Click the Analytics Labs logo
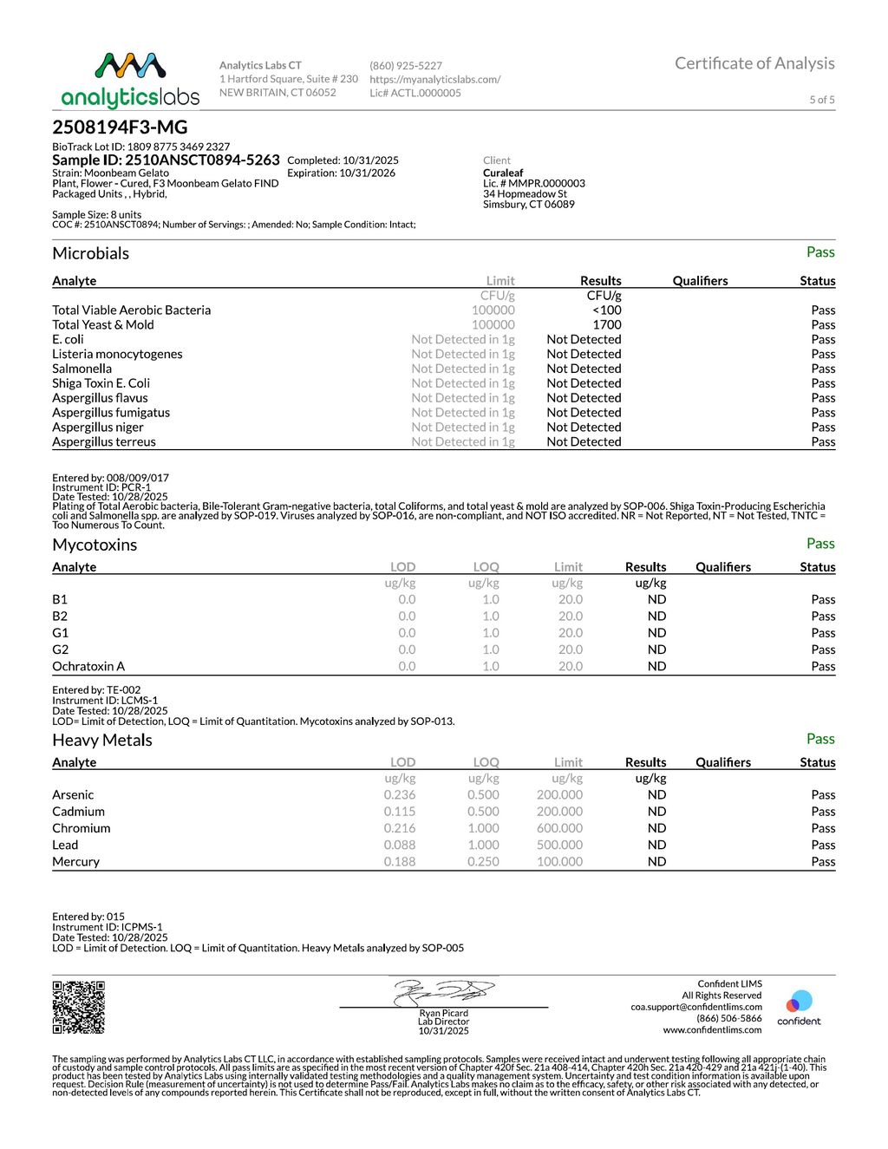click(x=130, y=81)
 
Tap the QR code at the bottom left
click(x=79, y=1007)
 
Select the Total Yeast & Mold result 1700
click(x=607, y=325)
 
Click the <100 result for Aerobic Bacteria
click(x=607, y=310)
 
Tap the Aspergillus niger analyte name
click(x=98, y=428)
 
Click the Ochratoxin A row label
click(x=88, y=667)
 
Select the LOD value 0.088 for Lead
click(x=400, y=845)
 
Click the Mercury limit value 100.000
click(x=559, y=862)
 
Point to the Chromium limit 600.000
click(x=559, y=829)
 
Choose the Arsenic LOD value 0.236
click(x=400, y=795)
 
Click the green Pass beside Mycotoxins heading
click(x=820, y=544)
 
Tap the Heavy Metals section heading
click(x=102, y=741)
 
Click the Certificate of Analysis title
click(x=754, y=63)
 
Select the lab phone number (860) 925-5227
click(x=406, y=66)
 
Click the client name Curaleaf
click(x=503, y=173)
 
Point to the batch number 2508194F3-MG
click(x=120, y=127)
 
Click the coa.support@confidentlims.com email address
click(x=696, y=1008)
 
